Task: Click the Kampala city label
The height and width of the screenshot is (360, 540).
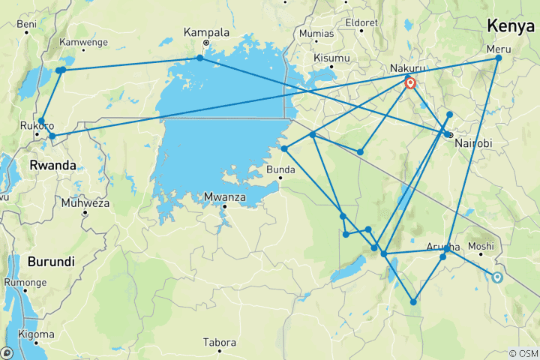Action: pos(205,32)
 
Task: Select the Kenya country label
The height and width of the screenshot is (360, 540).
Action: pos(511,26)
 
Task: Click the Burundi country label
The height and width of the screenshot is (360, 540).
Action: pos(50,262)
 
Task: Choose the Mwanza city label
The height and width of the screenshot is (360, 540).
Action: pos(224,198)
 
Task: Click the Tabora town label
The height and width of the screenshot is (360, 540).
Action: pos(220,343)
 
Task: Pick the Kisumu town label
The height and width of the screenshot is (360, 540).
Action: pos(332,58)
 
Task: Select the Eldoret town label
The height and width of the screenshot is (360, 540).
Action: pos(361,22)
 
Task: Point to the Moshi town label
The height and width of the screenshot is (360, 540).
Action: pos(481,246)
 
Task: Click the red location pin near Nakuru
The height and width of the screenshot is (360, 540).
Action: pos(411,84)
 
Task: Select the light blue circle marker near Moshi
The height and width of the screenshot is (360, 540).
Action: pos(496,277)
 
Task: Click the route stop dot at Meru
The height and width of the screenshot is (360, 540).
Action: pos(498,58)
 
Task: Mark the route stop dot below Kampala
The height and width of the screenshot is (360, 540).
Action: pos(199,58)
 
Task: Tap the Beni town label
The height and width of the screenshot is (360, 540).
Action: pos(26,24)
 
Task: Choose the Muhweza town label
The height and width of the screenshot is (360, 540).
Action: pos(85,202)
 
